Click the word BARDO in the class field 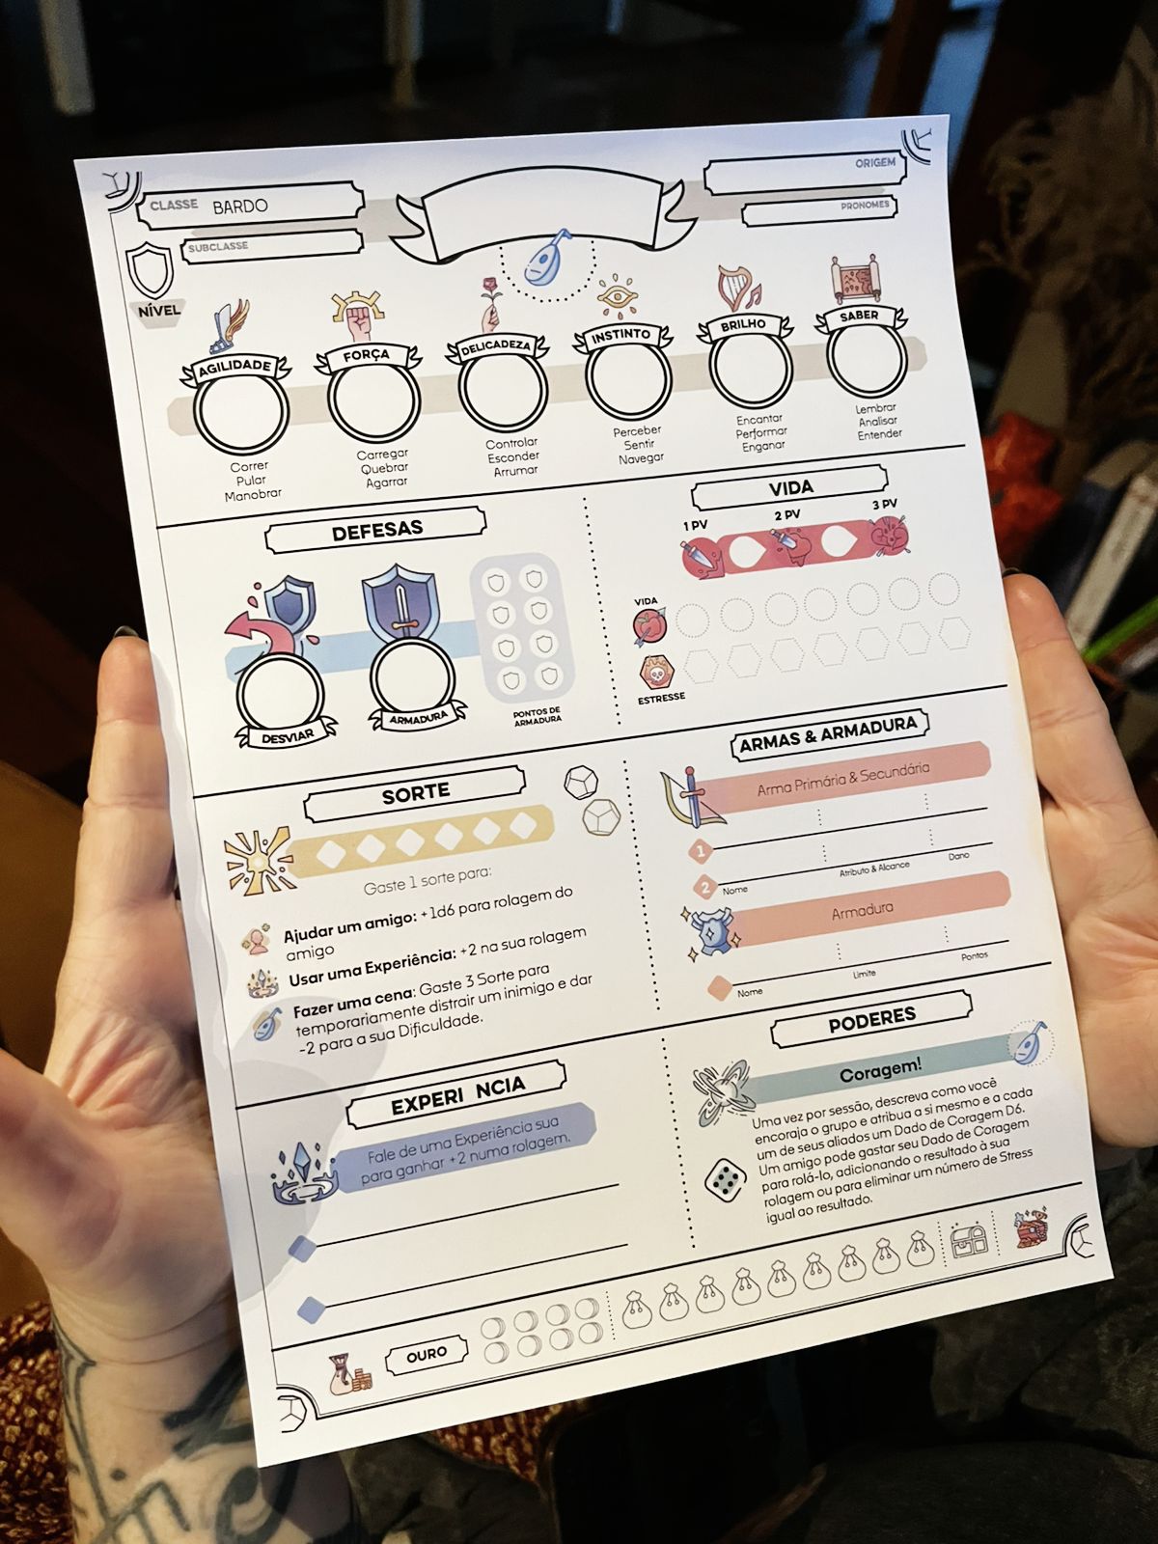240,207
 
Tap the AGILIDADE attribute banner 234,367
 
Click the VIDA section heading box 789,488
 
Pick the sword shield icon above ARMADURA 400,602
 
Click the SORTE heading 415,792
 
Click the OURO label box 426,1355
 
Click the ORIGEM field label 874,163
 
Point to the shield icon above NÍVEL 152,270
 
